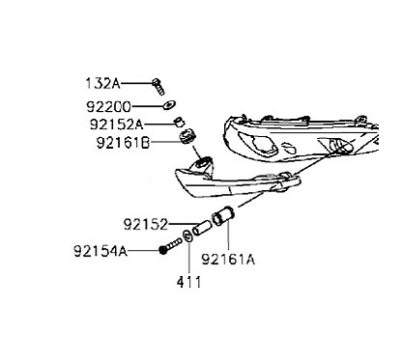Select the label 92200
click(x=107, y=105)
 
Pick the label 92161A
click(x=228, y=259)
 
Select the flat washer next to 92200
click(x=167, y=105)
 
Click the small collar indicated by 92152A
click(x=177, y=123)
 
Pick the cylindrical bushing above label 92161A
click(x=222, y=216)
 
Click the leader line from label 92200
click(x=146, y=105)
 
